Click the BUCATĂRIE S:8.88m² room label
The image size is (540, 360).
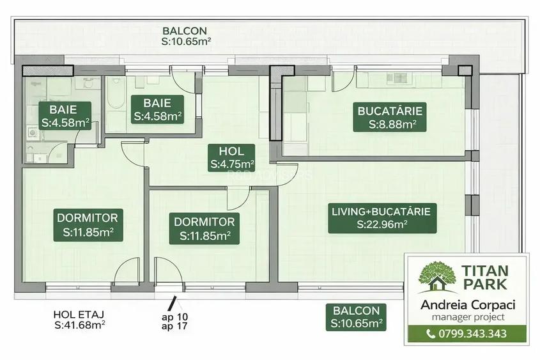[389, 117]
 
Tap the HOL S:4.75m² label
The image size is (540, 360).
[231, 157]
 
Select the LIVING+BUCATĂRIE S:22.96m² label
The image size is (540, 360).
[382, 218]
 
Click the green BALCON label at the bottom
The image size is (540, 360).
[356, 317]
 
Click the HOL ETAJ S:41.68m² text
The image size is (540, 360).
[79, 320]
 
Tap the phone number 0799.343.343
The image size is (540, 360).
[472, 334]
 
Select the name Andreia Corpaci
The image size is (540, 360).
[468, 305]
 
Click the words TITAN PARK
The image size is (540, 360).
[485, 278]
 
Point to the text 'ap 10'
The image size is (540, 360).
[175, 317]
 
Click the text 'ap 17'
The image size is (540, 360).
[174, 326]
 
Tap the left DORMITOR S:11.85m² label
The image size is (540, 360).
[88, 225]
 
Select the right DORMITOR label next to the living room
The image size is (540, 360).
[204, 229]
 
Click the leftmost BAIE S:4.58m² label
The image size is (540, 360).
[65, 116]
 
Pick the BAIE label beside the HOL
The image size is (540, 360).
[157, 109]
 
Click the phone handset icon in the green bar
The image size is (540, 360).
[431, 334]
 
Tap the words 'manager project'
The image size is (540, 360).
[468, 317]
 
